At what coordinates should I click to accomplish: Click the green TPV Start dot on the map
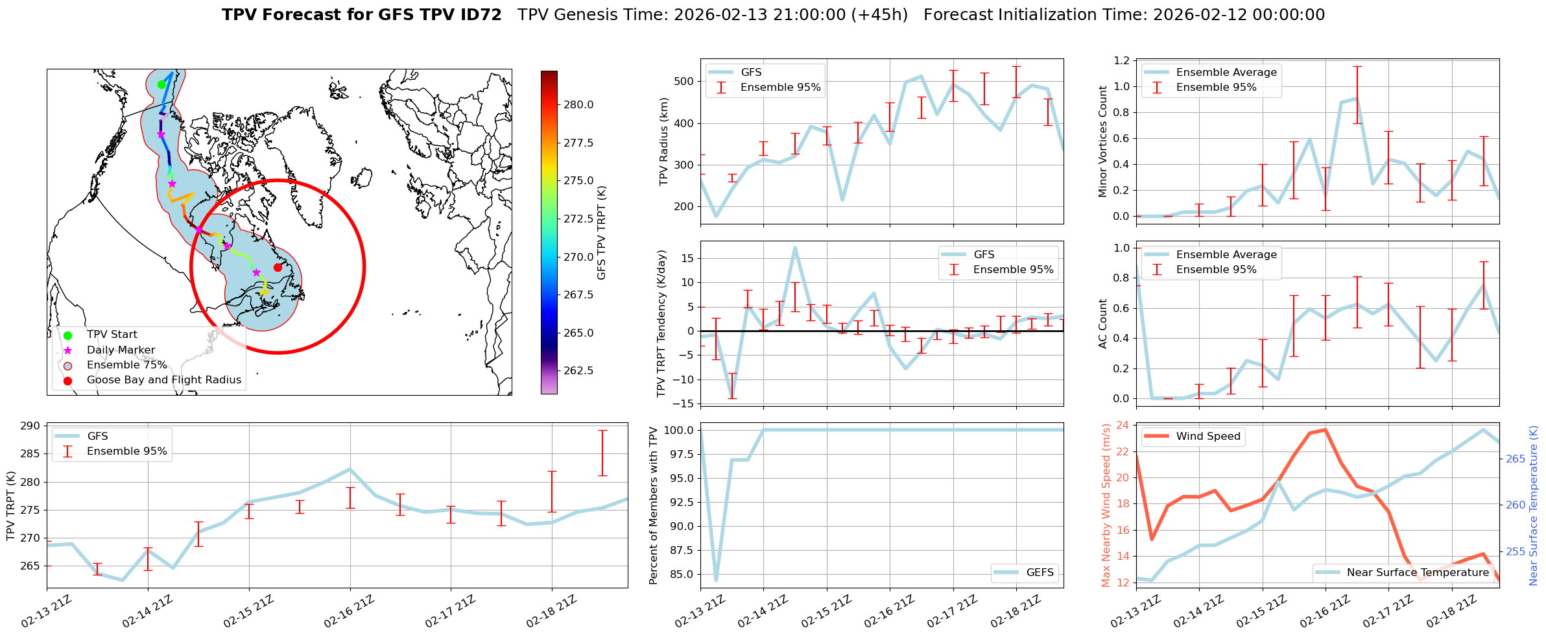pos(161,84)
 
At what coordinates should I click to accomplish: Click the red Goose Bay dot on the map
pos(278,267)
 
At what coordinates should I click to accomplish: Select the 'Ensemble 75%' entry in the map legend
pos(126,365)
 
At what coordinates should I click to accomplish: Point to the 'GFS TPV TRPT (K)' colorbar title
pos(601,232)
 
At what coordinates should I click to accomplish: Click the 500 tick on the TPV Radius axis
pos(685,82)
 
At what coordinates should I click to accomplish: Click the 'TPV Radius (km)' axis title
pos(663,141)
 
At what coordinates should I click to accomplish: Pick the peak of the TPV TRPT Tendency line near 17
pos(794,248)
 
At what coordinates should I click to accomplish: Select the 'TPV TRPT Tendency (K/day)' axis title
pos(661,323)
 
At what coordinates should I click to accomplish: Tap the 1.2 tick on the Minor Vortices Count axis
pos(1121,61)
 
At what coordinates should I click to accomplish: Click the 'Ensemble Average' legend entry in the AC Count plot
pos(1226,255)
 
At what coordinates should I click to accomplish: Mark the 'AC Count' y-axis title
pos(1103,323)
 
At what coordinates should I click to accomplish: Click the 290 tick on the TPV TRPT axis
pos(31,426)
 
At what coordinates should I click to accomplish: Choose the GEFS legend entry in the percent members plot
pos(1040,572)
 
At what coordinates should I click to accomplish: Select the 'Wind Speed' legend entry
pos(1207,437)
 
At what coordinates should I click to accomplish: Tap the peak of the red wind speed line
pos(1325,429)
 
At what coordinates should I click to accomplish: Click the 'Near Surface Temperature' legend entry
pos(1418,572)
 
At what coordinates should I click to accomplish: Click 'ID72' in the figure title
pos(481,15)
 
